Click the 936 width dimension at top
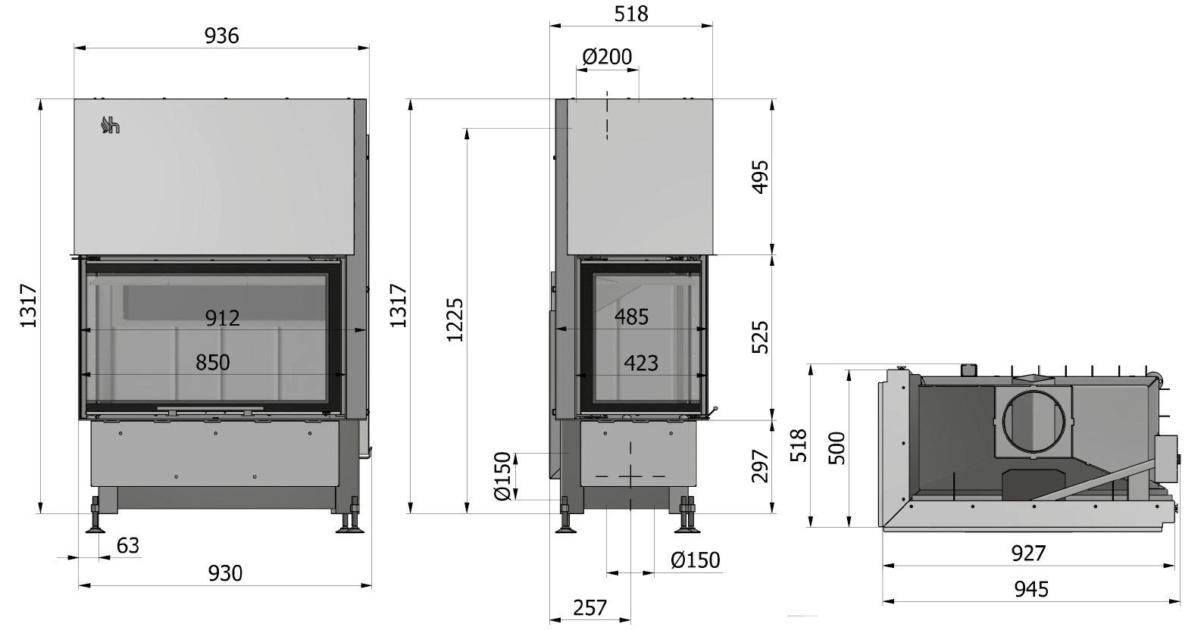(221, 36)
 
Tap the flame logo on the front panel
(110, 125)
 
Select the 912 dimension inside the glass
(223, 318)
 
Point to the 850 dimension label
(213, 363)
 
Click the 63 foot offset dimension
(128, 546)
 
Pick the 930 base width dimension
(225, 574)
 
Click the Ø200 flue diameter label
(608, 57)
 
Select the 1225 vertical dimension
(455, 320)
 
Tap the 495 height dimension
(760, 176)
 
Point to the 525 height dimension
(760, 337)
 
